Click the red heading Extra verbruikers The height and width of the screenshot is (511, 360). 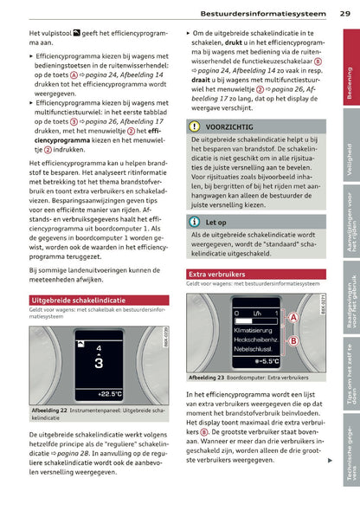tap(217, 274)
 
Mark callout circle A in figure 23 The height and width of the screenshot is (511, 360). tap(292, 318)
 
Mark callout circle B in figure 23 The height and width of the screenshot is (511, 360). tap(292, 340)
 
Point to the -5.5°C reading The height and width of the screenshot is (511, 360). tap(268, 361)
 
